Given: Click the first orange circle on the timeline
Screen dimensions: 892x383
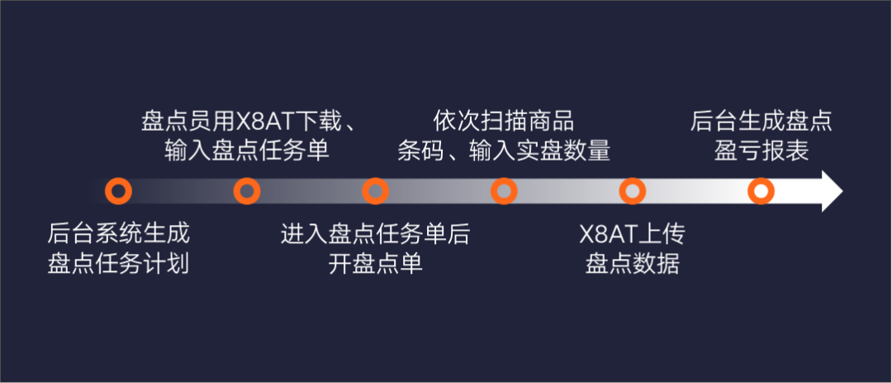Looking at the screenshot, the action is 119,192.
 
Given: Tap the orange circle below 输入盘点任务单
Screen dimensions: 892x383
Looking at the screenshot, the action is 247,192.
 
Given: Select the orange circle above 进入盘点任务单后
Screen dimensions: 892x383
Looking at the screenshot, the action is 375,192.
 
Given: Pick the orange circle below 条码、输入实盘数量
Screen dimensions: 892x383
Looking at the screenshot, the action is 504,192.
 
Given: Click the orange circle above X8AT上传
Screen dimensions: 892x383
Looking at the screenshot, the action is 632,192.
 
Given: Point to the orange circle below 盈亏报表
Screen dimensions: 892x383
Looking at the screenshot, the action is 761,192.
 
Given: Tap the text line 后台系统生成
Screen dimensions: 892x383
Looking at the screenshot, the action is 119,233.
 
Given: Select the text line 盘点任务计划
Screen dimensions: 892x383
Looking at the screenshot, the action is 119,265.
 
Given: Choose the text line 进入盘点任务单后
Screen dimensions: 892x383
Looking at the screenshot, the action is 375,233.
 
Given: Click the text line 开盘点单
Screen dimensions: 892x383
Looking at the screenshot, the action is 375,265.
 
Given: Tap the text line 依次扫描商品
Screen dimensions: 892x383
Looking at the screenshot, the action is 504,121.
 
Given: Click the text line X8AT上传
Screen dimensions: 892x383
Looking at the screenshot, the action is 632,233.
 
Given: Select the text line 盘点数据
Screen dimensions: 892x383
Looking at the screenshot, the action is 632,265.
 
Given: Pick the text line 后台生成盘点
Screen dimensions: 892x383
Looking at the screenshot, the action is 761,121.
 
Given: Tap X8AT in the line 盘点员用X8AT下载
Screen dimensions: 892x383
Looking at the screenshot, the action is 256,121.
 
